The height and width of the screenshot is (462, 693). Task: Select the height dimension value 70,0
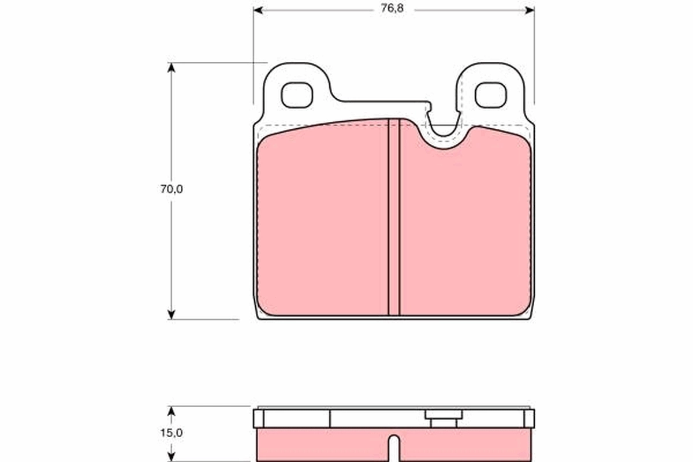172,189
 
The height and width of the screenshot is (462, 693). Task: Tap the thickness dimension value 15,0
172,433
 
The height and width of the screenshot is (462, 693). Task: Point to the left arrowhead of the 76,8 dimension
258,10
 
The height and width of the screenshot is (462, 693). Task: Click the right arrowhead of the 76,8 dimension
530,10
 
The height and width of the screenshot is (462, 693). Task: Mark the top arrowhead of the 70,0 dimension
171,67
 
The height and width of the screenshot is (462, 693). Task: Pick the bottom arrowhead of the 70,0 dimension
171,314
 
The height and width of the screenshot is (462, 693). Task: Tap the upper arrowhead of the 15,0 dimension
171,411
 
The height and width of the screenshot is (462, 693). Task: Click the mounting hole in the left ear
297,95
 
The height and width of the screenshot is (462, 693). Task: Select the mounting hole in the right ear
490,95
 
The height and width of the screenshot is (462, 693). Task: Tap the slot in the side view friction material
394,448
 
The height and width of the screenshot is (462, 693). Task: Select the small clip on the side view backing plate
443,419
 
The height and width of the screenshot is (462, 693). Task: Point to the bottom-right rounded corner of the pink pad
525,310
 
